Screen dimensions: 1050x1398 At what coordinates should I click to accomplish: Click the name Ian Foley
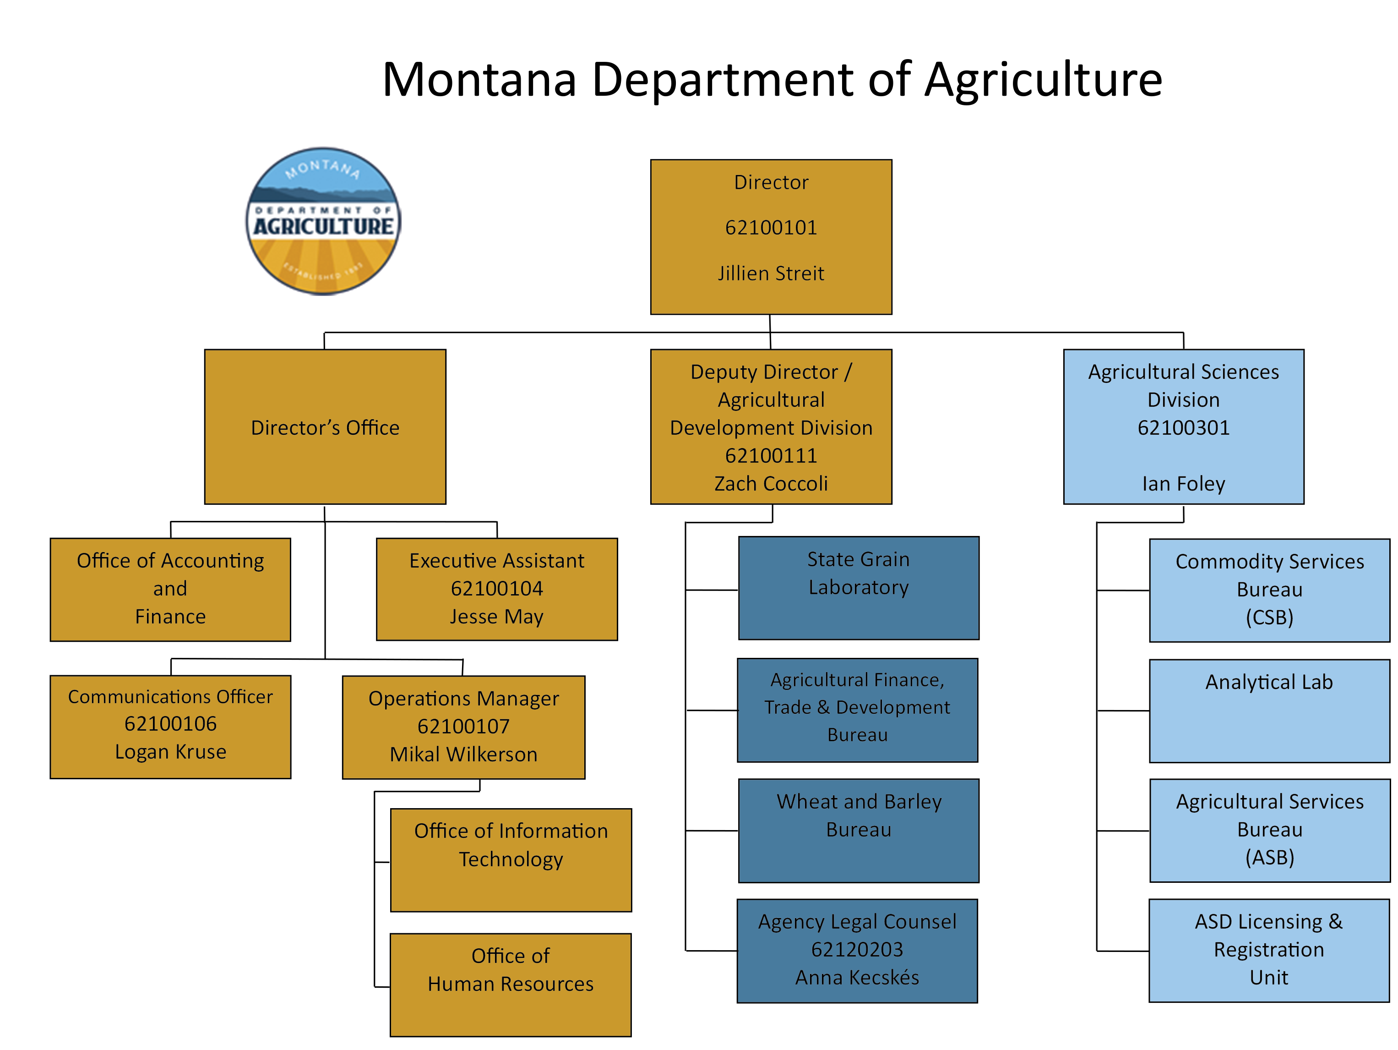1183,484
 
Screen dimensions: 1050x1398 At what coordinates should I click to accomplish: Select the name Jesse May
497,616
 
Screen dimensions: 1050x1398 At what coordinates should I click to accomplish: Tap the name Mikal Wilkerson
463,754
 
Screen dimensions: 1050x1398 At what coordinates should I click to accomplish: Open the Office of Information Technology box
511,860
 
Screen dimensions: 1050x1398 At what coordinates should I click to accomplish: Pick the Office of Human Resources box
511,984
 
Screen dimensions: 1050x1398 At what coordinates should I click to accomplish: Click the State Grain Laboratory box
858,588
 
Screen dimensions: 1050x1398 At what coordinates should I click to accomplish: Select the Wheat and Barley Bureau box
858,830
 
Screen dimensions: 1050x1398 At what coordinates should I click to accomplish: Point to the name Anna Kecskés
857,977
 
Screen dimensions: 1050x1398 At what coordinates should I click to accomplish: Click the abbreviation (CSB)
1269,617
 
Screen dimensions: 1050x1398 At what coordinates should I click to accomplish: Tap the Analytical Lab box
1269,711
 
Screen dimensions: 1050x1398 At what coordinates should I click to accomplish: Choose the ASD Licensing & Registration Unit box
1268,950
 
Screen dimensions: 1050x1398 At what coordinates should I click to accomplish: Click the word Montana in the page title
480,80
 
